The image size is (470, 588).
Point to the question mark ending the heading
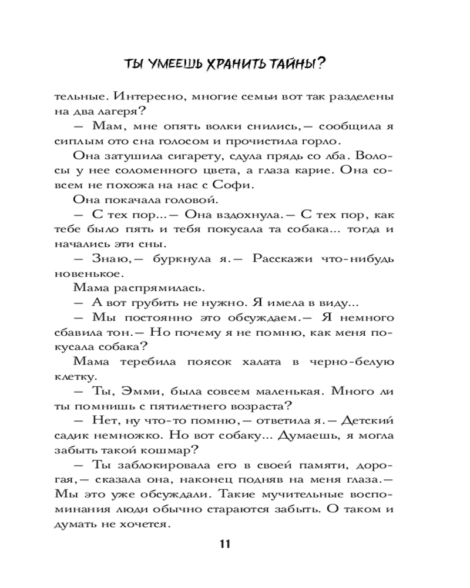click(x=322, y=64)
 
